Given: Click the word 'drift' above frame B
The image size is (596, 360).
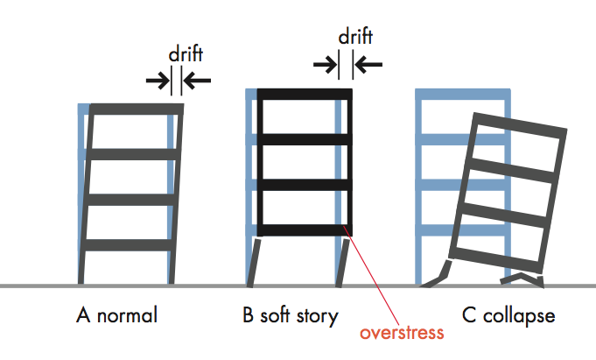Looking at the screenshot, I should pyautogui.click(x=354, y=38).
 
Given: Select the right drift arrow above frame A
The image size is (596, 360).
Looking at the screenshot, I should pyautogui.click(x=199, y=81).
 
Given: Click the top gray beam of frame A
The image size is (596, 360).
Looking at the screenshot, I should pyautogui.click(x=136, y=109).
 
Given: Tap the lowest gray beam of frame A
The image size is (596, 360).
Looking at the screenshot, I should pyautogui.click(x=130, y=244).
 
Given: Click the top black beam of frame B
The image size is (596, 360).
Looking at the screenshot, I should pyautogui.click(x=304, y=94).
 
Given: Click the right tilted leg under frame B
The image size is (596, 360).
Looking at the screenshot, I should pyautogui.click(x=344, y=261).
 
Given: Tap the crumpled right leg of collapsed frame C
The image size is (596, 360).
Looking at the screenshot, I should pyautogui.click(x=522, y=279).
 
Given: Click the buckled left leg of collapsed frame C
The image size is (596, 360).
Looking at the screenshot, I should pyautogui.click(x=438, y=275).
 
